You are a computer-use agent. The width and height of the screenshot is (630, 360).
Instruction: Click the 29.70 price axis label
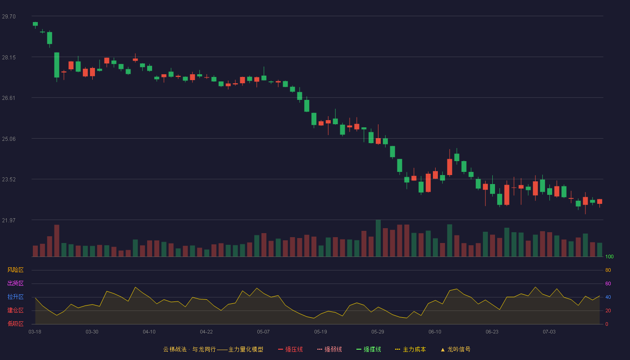click(9, 17)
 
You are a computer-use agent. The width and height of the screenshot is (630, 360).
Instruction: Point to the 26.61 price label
click(9, 98)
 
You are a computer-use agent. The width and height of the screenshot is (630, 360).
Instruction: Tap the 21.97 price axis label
click(9, 220)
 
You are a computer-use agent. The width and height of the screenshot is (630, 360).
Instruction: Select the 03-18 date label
click(35, 332)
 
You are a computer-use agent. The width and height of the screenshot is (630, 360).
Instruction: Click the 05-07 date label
click(263, 332)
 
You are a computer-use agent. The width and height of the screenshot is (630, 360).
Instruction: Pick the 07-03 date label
click(549, 332)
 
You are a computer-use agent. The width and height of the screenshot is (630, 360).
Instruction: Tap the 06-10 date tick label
click(435, 332)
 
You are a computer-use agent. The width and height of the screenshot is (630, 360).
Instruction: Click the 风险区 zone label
click(15, 270)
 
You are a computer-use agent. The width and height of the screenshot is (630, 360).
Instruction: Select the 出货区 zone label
click(15, 283)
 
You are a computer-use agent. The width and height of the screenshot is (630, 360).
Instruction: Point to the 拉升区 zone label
click(15, 297)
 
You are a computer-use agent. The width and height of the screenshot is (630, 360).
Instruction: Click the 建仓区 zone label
click(15, 310)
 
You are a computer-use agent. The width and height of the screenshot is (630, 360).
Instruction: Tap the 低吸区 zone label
click(15, 324)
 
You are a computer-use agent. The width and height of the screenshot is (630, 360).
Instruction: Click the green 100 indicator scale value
click(609, 256)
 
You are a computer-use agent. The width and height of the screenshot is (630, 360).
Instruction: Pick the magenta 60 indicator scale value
click(608, 283)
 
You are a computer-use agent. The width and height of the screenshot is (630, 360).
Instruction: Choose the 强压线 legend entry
click(290, 349)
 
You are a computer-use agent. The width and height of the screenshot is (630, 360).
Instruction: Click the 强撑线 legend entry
click(369, 349)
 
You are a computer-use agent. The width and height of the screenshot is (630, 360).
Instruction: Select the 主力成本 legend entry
click(410, 349)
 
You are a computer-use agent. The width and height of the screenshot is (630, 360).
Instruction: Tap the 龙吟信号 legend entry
click(455, 349)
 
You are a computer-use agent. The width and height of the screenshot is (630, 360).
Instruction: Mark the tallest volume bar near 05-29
click(378, 238)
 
